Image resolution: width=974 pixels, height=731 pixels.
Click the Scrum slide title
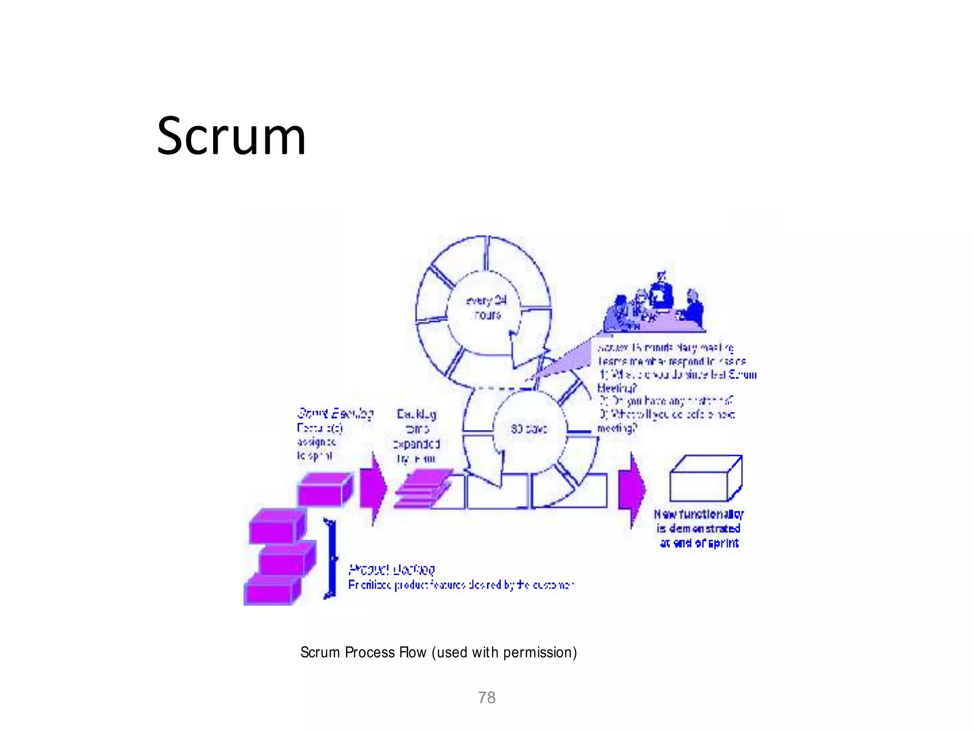tap(231, 137)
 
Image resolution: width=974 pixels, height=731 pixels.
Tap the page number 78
tap(487, 698)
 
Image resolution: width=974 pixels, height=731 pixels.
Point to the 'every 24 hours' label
tap(486, 307)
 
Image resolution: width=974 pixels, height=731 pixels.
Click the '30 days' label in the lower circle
tap(529, 429)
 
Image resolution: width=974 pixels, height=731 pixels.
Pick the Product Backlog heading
tap(391, 569)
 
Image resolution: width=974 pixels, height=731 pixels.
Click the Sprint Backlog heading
tap(335, 413)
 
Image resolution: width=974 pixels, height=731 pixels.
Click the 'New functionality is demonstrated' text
tap(699, 529)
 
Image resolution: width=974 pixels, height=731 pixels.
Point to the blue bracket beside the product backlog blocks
tap(330, 559)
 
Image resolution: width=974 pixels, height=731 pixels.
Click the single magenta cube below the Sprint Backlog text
tap(325, 489)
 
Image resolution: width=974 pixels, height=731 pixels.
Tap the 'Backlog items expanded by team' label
tap(417, 436)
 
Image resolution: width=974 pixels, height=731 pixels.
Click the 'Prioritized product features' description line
tap(460, 585)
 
